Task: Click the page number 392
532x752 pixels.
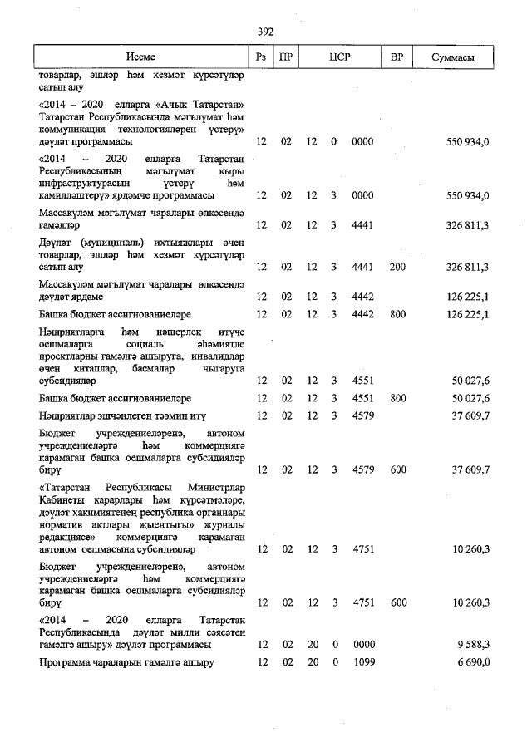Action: pos(266,32)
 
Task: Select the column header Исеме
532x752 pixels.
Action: pos(141,57)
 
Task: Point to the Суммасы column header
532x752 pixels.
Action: pos(453,57)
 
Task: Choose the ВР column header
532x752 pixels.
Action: pos(397,57)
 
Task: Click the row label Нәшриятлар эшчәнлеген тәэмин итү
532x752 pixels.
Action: pos(123,415)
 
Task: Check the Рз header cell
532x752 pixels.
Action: pos(261,57)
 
